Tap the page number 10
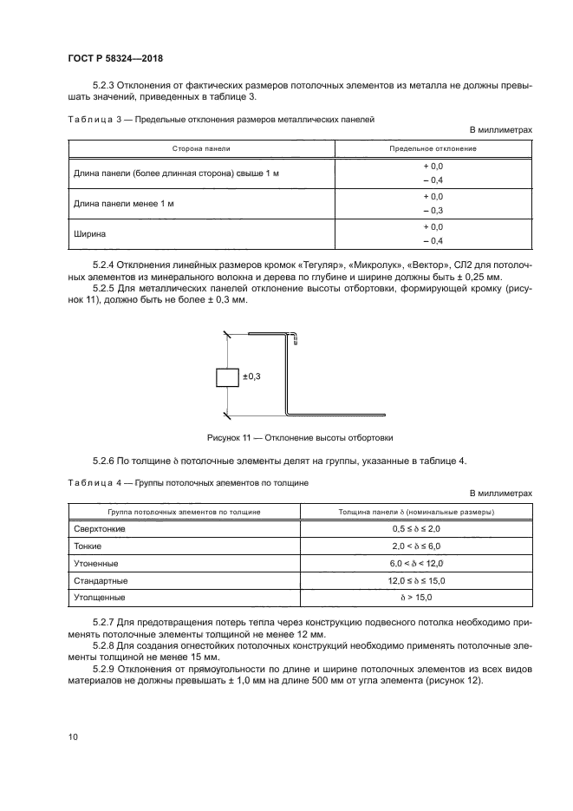coord(72,736)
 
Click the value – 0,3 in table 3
coord(433,211)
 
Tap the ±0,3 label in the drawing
coord(252,376)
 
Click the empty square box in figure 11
coord(227,377)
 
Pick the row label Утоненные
coord(97,564)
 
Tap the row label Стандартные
coord(101,580)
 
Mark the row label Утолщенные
coord(101,598)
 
